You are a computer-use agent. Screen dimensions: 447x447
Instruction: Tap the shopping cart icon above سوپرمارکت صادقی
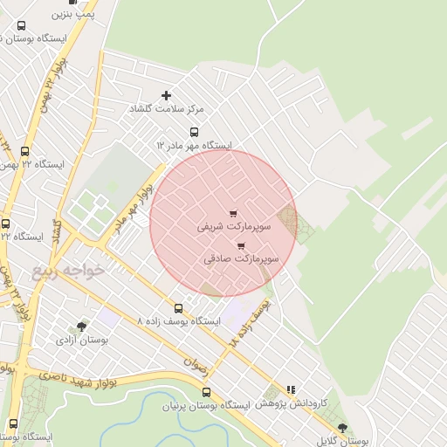coord(241,247)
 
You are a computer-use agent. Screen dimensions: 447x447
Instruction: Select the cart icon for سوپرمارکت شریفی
coord(232,214)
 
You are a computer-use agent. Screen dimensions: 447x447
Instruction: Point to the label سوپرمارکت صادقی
coord(241,259)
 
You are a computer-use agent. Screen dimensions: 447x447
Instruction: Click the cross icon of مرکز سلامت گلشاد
coord(167,95)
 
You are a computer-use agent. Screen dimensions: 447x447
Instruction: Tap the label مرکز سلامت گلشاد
coord(167,108)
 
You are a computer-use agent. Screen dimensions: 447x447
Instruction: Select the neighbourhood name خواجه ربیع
coord(68,270)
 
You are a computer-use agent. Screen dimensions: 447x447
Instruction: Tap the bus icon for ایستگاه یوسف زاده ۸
coord(179,308)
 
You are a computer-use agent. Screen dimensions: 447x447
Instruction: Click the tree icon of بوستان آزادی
coord(82,326)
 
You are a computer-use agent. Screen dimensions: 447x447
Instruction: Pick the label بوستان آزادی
coord(81,339)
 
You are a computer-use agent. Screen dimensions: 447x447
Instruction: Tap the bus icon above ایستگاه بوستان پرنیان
coord(206,393)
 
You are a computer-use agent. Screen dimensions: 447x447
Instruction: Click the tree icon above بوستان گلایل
coord(341,428)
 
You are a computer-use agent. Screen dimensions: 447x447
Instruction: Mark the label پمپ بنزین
coord(72,15)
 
